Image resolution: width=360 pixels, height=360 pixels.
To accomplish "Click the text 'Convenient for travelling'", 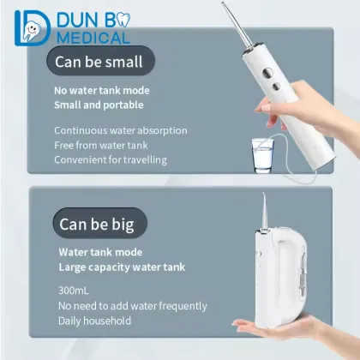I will coord(110,159).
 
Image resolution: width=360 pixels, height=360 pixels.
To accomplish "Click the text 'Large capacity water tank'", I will coord(121,267).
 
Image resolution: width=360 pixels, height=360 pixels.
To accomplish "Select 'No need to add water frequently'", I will coord(132,305).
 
